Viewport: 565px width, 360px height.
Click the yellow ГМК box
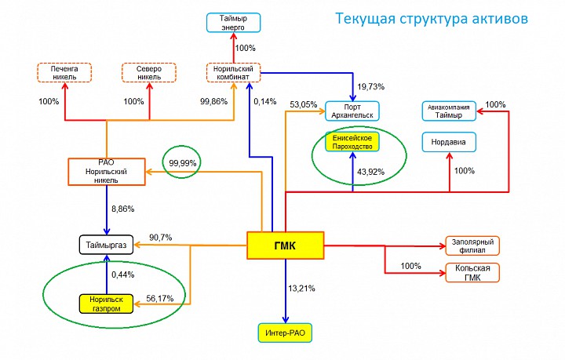click(286, 245)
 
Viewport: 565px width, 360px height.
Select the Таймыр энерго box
click(233, 23)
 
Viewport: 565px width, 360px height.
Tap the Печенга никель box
click(65, 73)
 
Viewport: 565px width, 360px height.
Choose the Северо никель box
click(149, 73)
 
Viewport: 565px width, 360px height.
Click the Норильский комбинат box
click(233, 73)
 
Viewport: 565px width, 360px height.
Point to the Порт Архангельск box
click(352, 111)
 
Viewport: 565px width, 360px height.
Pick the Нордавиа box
click(450, 142)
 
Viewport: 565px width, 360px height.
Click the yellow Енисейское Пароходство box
click(352, 142)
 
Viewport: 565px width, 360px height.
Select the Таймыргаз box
click(108, 245)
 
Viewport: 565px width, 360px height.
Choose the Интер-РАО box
click(285, 333)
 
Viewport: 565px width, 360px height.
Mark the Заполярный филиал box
click(472, 245)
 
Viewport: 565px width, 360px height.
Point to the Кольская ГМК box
click(472, 272)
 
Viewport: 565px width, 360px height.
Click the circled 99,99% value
click(183, 162)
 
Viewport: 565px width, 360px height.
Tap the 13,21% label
click(301, 289)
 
